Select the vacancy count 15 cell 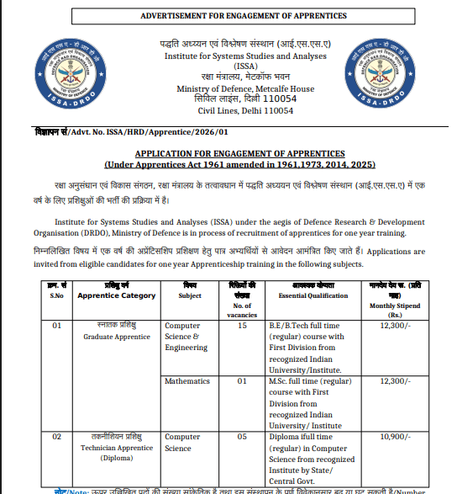242,325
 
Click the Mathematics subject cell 187,381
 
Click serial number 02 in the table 57,438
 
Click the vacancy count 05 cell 242,438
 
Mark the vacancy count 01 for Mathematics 242,381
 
